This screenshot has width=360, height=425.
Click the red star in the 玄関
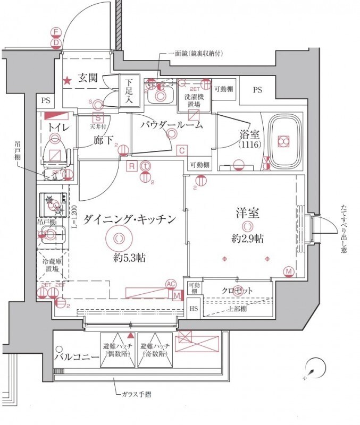[68, 81]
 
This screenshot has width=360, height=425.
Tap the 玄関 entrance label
[88, 78]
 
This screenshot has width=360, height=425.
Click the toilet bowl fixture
[55, 149]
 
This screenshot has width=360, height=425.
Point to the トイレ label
[57, 127]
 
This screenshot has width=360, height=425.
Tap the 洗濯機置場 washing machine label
[192, 100]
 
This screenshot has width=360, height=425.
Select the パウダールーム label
[171, 125]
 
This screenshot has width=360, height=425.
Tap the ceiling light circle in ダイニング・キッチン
[119, 237]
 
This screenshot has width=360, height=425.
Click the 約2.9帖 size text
[247, 239]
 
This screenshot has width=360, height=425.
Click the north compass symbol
[314, 369]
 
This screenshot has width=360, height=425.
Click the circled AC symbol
[171, 284]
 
